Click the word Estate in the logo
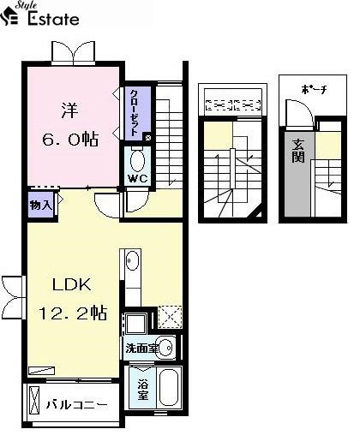tap(53, 19)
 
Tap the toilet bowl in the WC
tap(137, 160)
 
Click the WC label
tap(138, 179)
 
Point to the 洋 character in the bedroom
tap(69, 110)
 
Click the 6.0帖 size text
tap(70, 140)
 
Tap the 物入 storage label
tap(41, 205)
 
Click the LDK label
tap(72, 284)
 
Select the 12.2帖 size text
tap(73, 313)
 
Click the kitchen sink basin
tap(133, 260)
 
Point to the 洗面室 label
tap(141, 349)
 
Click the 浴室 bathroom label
tap(143, 390)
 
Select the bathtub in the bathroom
tap(169, 387)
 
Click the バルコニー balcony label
tap(77, 405)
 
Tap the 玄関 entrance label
tap(298, 152)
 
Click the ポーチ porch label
tap(314, 90)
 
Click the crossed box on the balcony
tap(34, 400)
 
